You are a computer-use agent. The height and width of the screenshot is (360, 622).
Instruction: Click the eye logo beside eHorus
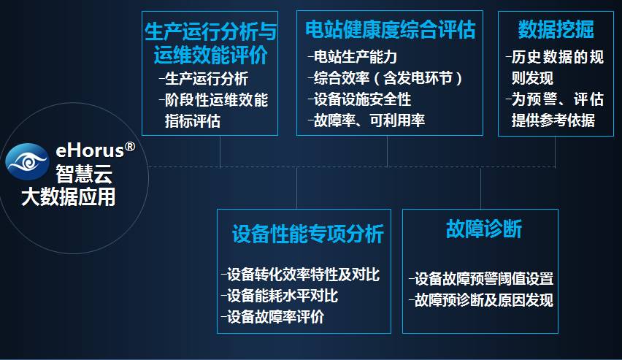[x=28, y=161]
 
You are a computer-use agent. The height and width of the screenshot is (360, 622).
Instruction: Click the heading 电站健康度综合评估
[x=390, y=29]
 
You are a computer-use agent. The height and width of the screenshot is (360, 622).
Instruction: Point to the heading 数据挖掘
[x=556, y=29]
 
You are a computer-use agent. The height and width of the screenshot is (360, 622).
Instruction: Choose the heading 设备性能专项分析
[x=307, y=234]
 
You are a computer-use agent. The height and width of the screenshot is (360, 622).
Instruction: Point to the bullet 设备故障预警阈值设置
[x=483, y=279]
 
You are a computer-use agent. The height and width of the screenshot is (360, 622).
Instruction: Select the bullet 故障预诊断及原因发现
[x=483, y=300]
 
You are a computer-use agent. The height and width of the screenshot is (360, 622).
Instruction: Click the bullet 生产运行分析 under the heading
[x=206, y=79]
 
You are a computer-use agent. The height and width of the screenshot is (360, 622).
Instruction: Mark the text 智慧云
[x=84, y=173]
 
